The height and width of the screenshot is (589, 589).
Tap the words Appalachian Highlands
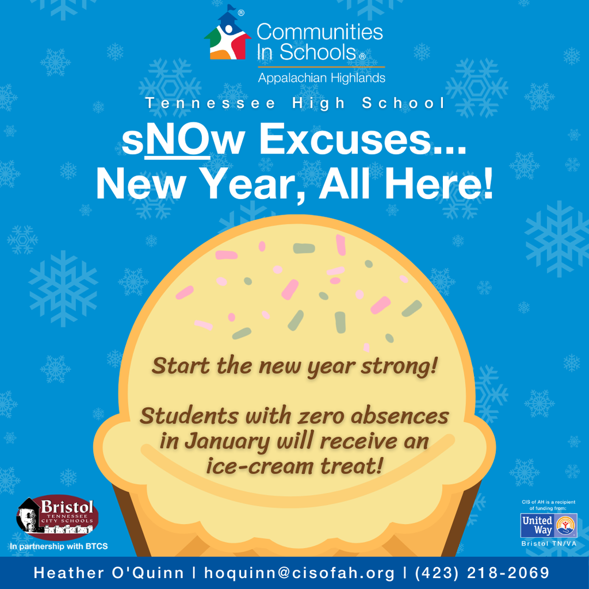pyautogui.click(x=321, y=78)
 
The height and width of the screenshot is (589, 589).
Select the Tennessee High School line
pyautogui.click(x=295, y=104)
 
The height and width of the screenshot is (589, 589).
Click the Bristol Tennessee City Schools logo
pyautogui.click(x=57, y=517)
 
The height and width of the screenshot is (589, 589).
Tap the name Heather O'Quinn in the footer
pyautogui.click(x=109, y=573)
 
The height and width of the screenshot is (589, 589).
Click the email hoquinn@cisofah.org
pyautogui.click(x=299, y=573)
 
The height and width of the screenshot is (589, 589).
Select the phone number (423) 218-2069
pyautogui.click(x=482, y=573)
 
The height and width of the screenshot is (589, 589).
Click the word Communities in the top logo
pyautogui.click(x=320, y=32)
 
